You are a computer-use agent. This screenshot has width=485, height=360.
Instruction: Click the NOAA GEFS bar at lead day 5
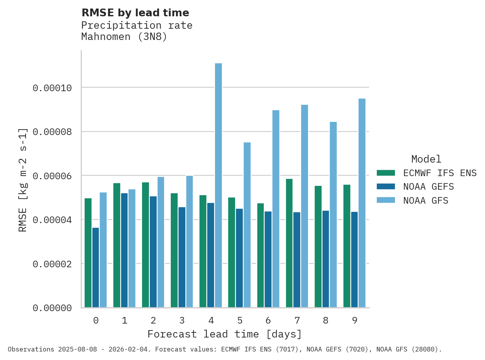(239, 258)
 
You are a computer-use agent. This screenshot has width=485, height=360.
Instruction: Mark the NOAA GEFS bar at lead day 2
(153, 252)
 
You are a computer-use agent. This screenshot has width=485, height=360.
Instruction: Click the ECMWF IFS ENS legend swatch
(386, 173)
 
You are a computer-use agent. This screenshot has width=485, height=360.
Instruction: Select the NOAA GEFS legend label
(428, 187)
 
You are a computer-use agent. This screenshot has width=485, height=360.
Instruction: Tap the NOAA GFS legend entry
(426, 201)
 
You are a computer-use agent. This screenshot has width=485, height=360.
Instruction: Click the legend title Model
(426, 159)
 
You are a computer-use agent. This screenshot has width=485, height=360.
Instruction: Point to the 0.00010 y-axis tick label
(52, 88)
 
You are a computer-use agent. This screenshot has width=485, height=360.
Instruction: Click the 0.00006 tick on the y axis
(52, 176)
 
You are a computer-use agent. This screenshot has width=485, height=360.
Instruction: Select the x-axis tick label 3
(182, 320)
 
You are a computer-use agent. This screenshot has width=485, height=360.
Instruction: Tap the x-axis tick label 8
(326, 320)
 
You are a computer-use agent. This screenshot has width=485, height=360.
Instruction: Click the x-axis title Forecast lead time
(225, 334)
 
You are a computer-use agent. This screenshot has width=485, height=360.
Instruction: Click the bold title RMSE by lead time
(135, 13)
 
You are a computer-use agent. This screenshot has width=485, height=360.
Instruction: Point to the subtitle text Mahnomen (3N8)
(124, 37)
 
